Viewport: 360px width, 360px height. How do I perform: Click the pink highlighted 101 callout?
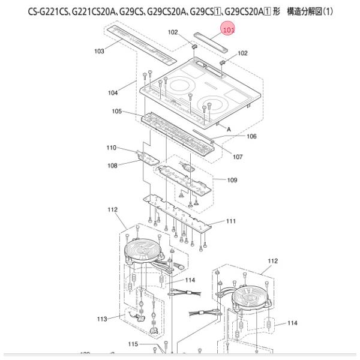229,28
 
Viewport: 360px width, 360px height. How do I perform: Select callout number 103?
100,51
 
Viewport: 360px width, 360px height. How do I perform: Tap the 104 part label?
113,93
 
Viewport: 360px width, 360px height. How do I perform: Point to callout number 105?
117,112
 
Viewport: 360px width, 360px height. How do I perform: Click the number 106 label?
251,136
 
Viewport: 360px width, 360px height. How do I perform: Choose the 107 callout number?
238,157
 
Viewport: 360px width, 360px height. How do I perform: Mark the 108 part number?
112,165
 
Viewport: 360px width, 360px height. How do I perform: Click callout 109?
232,180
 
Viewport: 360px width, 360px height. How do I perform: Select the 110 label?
112,148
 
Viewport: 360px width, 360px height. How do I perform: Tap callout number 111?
230,221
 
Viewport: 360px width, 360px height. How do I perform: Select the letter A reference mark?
228,128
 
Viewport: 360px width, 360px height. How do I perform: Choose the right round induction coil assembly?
248,296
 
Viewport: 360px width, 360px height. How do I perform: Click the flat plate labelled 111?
180,214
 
